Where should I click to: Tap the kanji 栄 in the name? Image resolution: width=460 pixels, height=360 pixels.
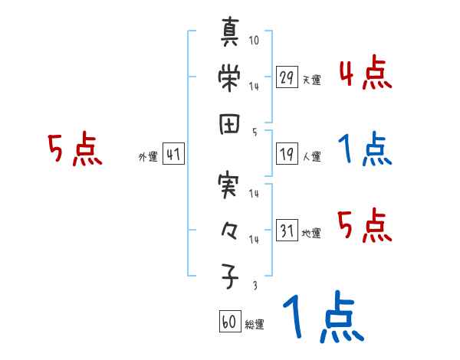pyautogui.click(x=230, y=77)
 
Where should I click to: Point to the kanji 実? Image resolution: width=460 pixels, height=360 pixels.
pyautogui.click(x=230, y=187)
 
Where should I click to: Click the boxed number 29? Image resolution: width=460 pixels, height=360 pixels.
pyautogui.click(x=287, y=78)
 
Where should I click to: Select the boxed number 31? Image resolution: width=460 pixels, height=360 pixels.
pyautogui.click(x=287, y=231)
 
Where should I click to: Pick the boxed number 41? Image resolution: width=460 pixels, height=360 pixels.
pyautogui.click(x=173, y=155)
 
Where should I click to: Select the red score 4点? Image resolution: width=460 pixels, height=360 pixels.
pyautogui.click(x=365, y=75)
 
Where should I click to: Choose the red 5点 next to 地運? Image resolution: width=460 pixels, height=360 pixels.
pyautogui.click(x=365, y=225)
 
